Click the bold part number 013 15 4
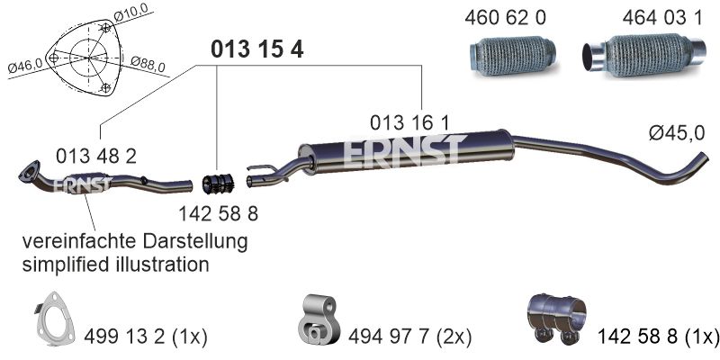click(256, 49)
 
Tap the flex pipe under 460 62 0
click(513, 56)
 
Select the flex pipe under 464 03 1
click(643, 56)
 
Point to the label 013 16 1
click(409, 123)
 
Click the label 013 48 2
click(96, 157)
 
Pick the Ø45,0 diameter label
click(677, 133)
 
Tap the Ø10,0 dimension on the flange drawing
click(133, 12)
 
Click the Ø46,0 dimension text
click(25, 65)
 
